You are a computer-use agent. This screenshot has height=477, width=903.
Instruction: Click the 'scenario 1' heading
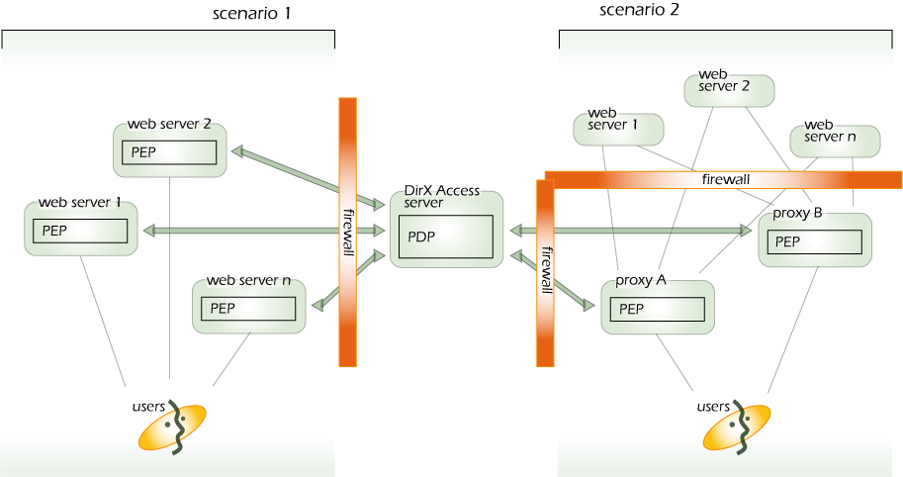point(252,14)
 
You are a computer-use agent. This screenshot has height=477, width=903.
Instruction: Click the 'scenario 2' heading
point(640,11)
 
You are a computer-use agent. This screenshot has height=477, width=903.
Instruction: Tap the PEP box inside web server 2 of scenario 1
point(169,152)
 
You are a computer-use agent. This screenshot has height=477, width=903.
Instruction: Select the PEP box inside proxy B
point(814,241)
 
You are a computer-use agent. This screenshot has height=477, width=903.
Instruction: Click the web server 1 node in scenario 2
point(617,128)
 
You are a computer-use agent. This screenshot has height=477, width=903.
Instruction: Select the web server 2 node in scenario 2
point(729,89)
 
